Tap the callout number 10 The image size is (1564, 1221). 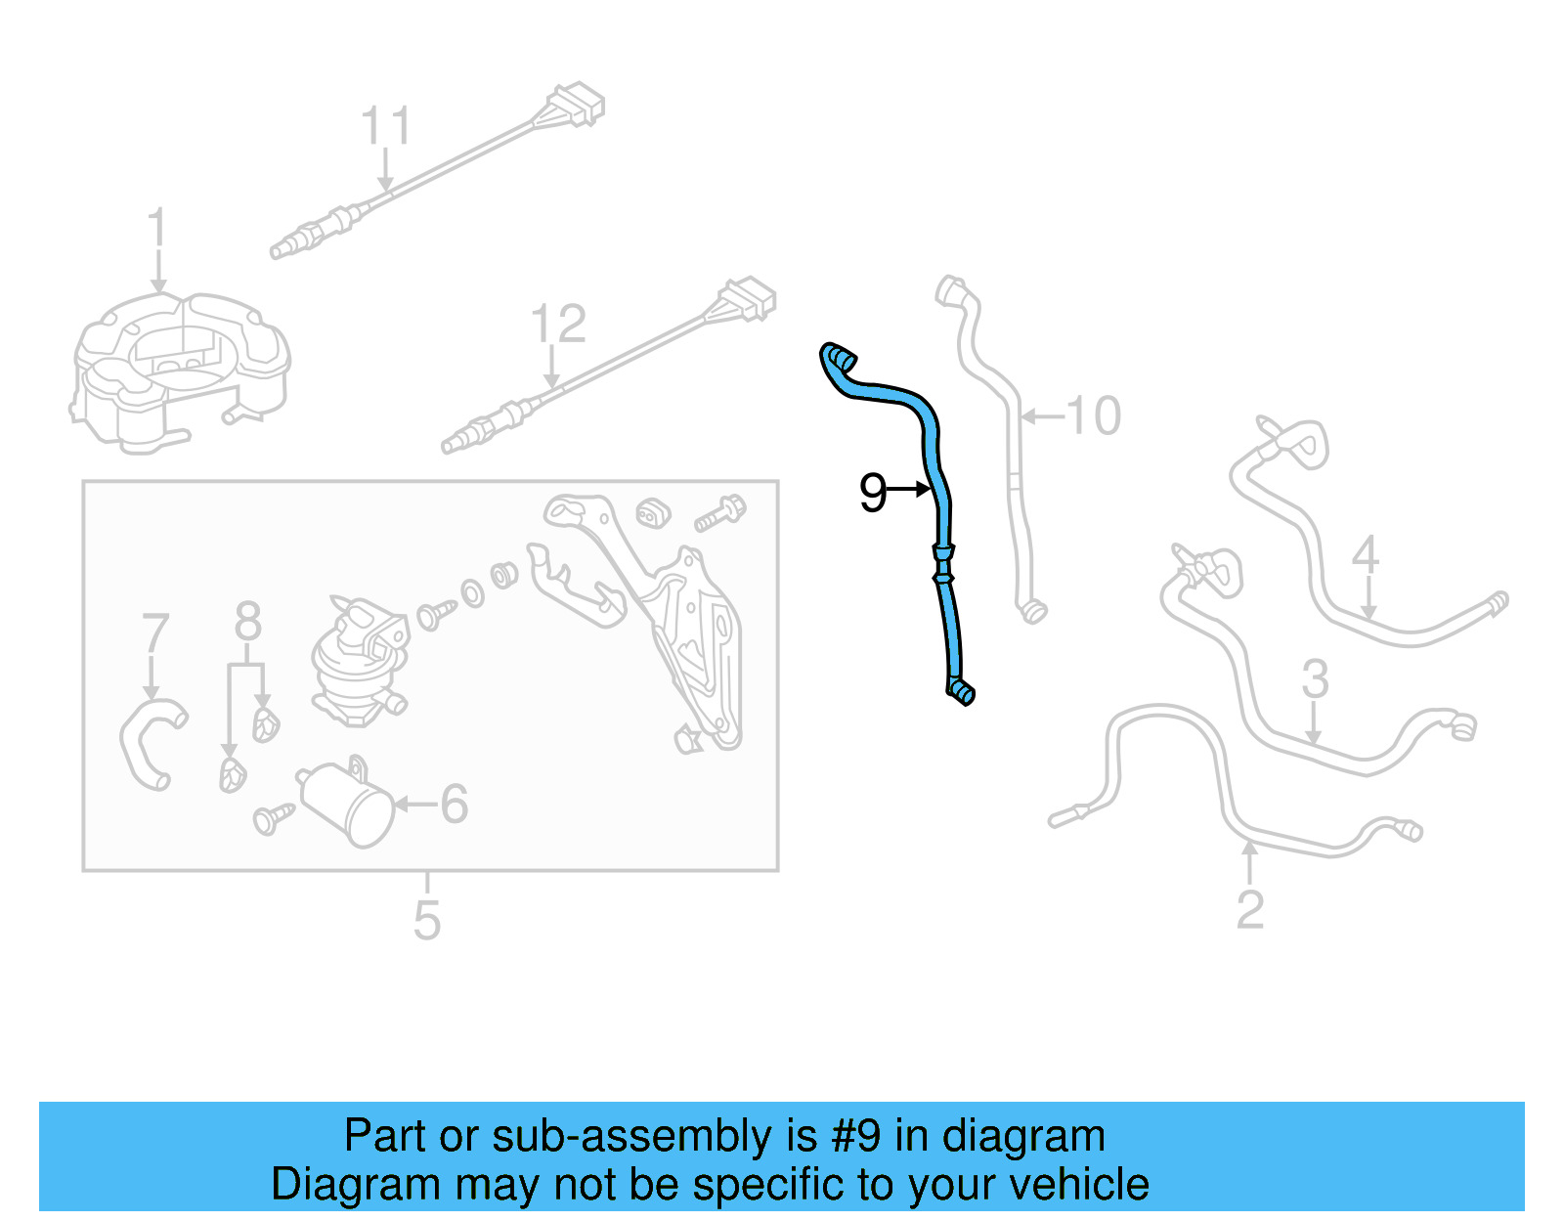coord(1094,416)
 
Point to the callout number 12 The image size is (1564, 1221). coord(557,325)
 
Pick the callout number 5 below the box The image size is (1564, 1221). coord(427,920)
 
